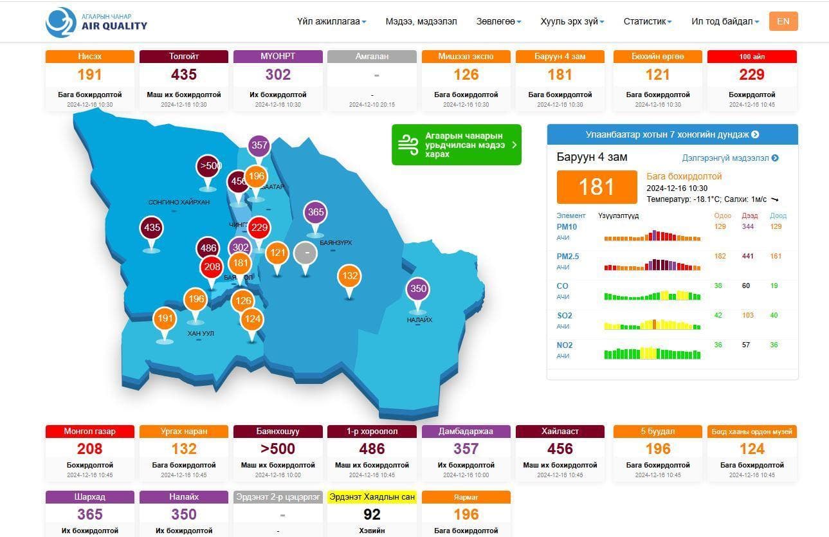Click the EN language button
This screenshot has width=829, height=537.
[x=783, y=21]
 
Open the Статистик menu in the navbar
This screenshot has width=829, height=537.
[x=647, y=21]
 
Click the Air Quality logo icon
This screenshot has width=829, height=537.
[x=61, y=23]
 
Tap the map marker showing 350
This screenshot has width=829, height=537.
[x=418, y=289]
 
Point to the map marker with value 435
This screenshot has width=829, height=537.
[x=152, y=228]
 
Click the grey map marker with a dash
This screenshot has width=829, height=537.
[x=306, y=253]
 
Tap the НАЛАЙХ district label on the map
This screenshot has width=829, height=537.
[x=419, y=320]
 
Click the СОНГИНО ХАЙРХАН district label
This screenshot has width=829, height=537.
[x=179, y=202]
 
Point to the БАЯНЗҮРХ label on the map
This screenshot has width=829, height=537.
[x=336, y=242]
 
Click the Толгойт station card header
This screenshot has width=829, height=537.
[x=184, y=57]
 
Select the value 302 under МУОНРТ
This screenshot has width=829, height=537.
[x=278, y=75]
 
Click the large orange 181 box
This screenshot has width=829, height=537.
[x=597, y=187]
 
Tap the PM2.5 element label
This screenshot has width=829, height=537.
[x=567, y=257]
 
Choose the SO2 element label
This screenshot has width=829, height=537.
[x=564, y=316]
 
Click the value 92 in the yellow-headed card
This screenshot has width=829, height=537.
[x=372, y=514]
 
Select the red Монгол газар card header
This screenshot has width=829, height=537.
[x=89, y=432]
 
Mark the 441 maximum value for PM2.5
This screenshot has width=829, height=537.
[x=747, y=256]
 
